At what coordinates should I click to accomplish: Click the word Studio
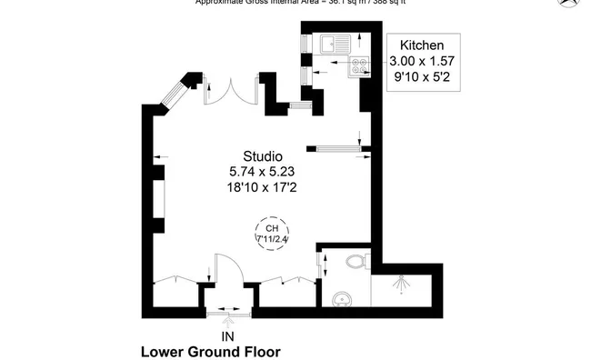coord(262,155)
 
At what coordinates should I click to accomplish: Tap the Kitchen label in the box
coord(422,45)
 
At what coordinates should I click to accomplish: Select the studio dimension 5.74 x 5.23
coord(262,171)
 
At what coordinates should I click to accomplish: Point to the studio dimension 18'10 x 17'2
coord(262,187)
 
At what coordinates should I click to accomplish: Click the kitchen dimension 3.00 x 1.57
coord(422,61)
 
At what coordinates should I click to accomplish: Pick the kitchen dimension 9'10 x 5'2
coord(422,77)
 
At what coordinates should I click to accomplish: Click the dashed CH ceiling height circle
coord(272,233)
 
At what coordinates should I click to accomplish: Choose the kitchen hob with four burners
coord(357,65)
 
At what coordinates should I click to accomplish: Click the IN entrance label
coord(227,335)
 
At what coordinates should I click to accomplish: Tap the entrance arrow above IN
coord(227,319)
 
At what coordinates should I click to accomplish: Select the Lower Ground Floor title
coord(210,352)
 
